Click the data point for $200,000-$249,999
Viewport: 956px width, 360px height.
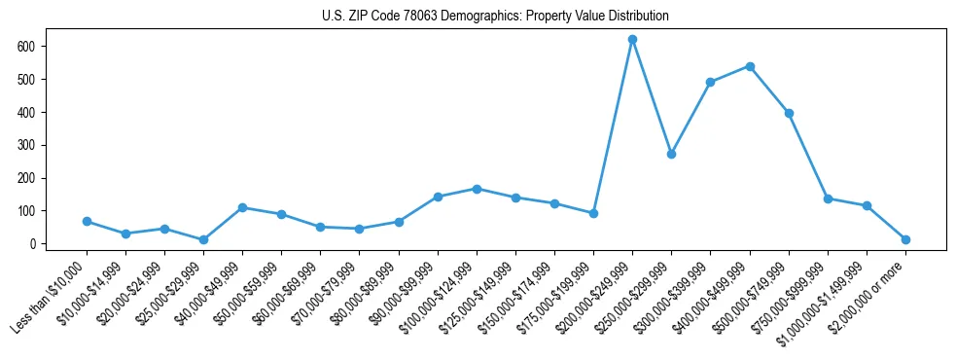pyautogui.click(x=632, y=40)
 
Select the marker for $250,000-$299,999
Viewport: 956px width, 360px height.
pyautogui.click(x=671, y=154)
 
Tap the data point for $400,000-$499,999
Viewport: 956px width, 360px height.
pyautogui.click(x=750, y=66)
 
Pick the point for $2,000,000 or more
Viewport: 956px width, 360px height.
pyautogui.click(x=905, y=239)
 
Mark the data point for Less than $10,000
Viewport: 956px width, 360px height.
pyautogui.click(x=87, y=222)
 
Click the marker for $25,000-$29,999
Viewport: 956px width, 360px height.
pyautogui.click(x=203, y=239)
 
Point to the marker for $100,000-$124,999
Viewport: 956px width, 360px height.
pyautogui.click(x=477, y=189)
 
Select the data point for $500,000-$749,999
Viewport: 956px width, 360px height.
pyautogui.click(x=789, y=113)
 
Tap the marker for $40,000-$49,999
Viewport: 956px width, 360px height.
pyautogui.click(x=242, y=207)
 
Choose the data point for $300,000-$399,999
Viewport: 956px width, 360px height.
pyautogui.click(x=710, y=83)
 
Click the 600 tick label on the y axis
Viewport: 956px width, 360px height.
pyautogui.click(x=26, y=47)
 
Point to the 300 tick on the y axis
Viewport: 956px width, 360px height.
pyautogui.click(x=26, y=145)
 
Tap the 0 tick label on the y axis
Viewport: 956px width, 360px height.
pyautogui.click(x=32, y=244)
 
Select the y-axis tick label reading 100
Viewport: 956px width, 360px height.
pyautogui.click(x=26, y=211)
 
